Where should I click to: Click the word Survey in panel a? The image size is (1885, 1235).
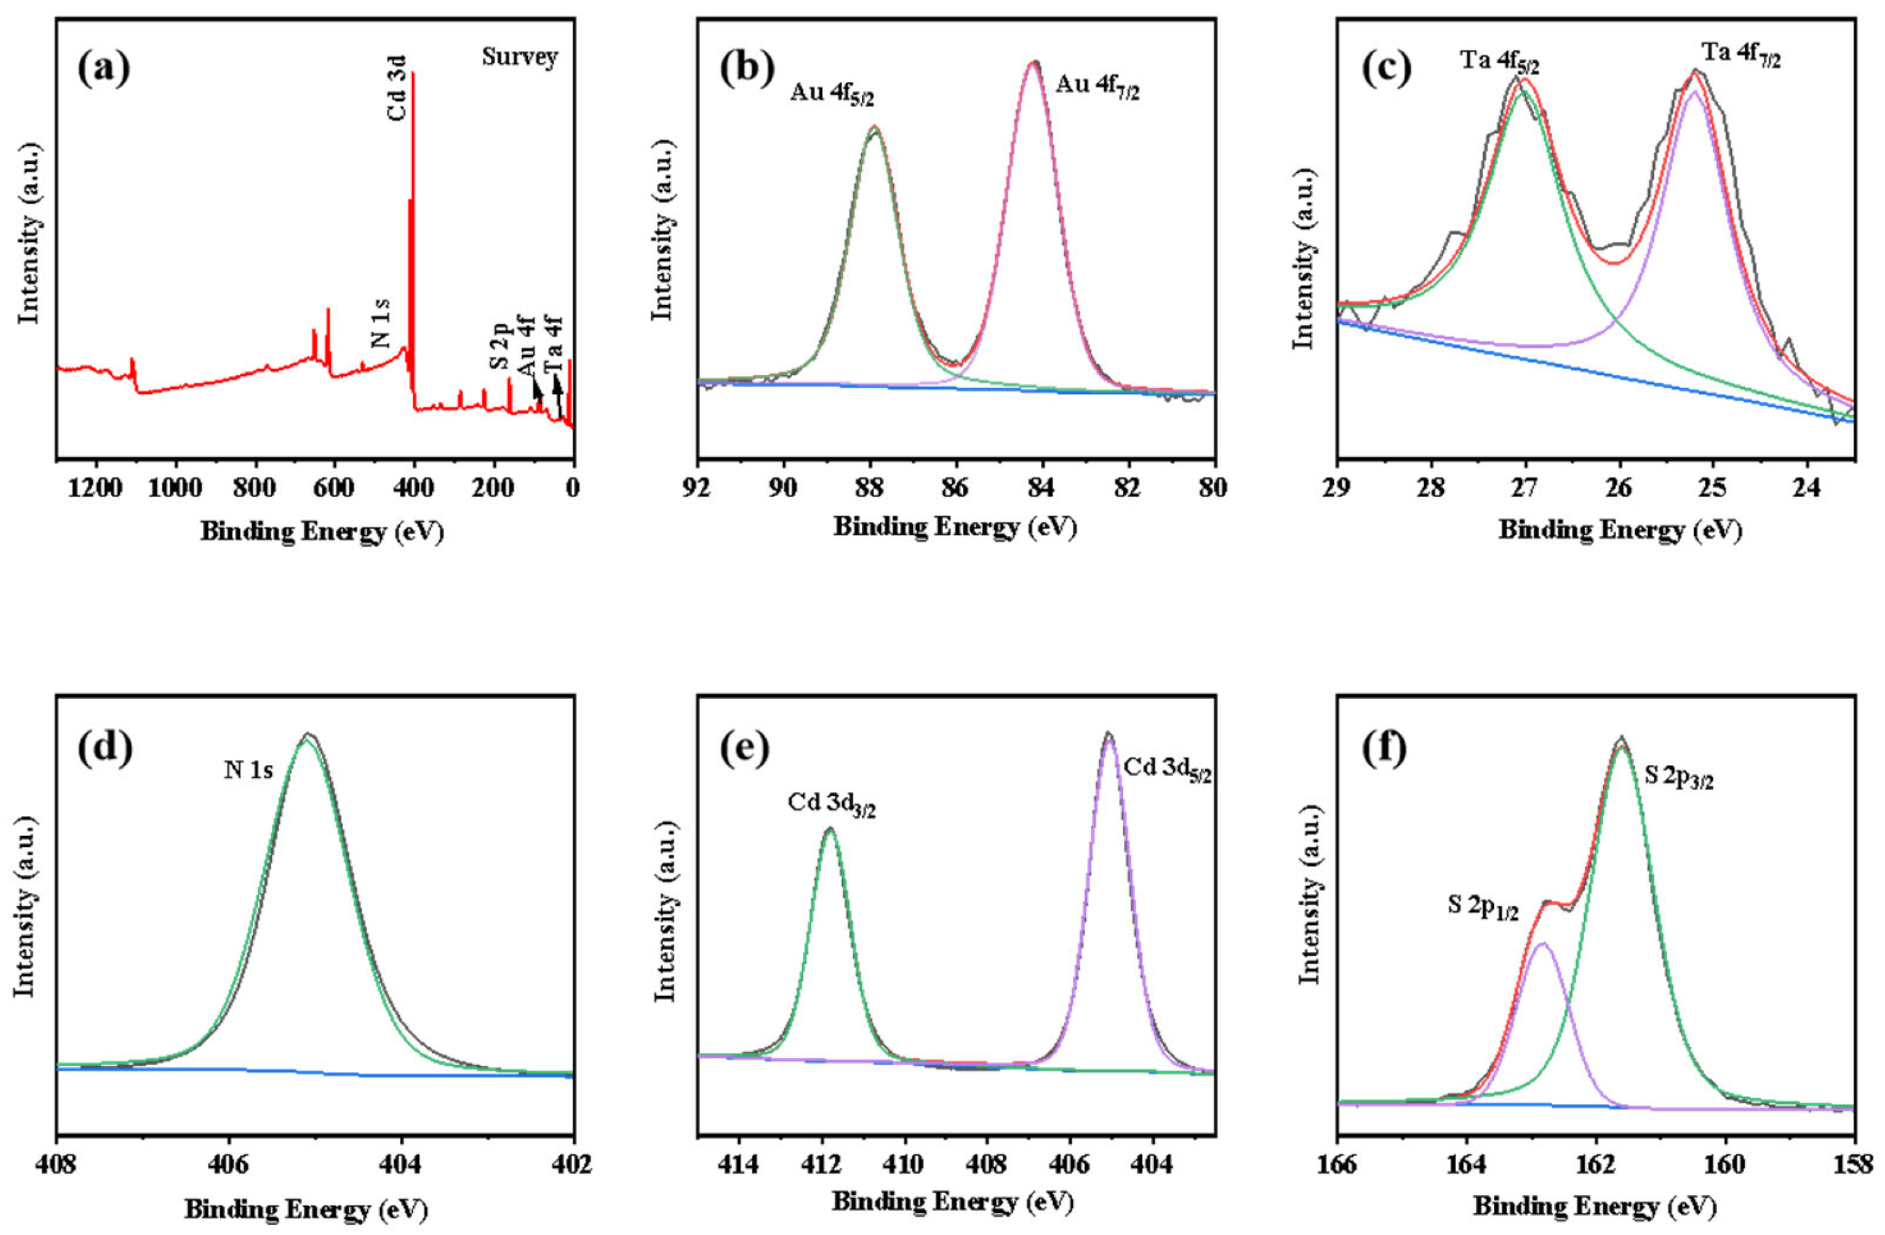click(520, 57)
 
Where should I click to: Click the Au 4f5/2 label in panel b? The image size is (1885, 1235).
click(831, 96)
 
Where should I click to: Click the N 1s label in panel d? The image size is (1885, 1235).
click(248, 771)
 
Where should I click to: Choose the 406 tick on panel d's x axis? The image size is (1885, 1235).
click(229, 1166)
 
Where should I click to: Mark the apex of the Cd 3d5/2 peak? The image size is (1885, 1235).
click(1108, 733)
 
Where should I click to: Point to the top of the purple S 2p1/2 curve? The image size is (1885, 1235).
click(1540, 943)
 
